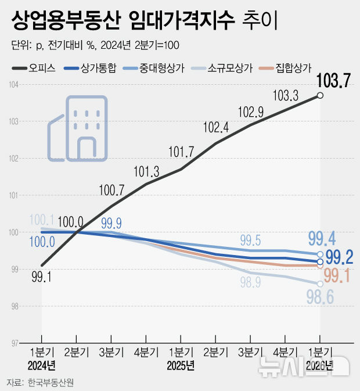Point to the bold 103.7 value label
tap(333, 81)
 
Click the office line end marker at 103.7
tap(320, 96)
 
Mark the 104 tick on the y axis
tap(15, 85)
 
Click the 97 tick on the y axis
tap(15, 343)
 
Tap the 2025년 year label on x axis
tap(181, 365)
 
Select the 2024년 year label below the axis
tap(41, 365)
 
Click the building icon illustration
tap(77, 128)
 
